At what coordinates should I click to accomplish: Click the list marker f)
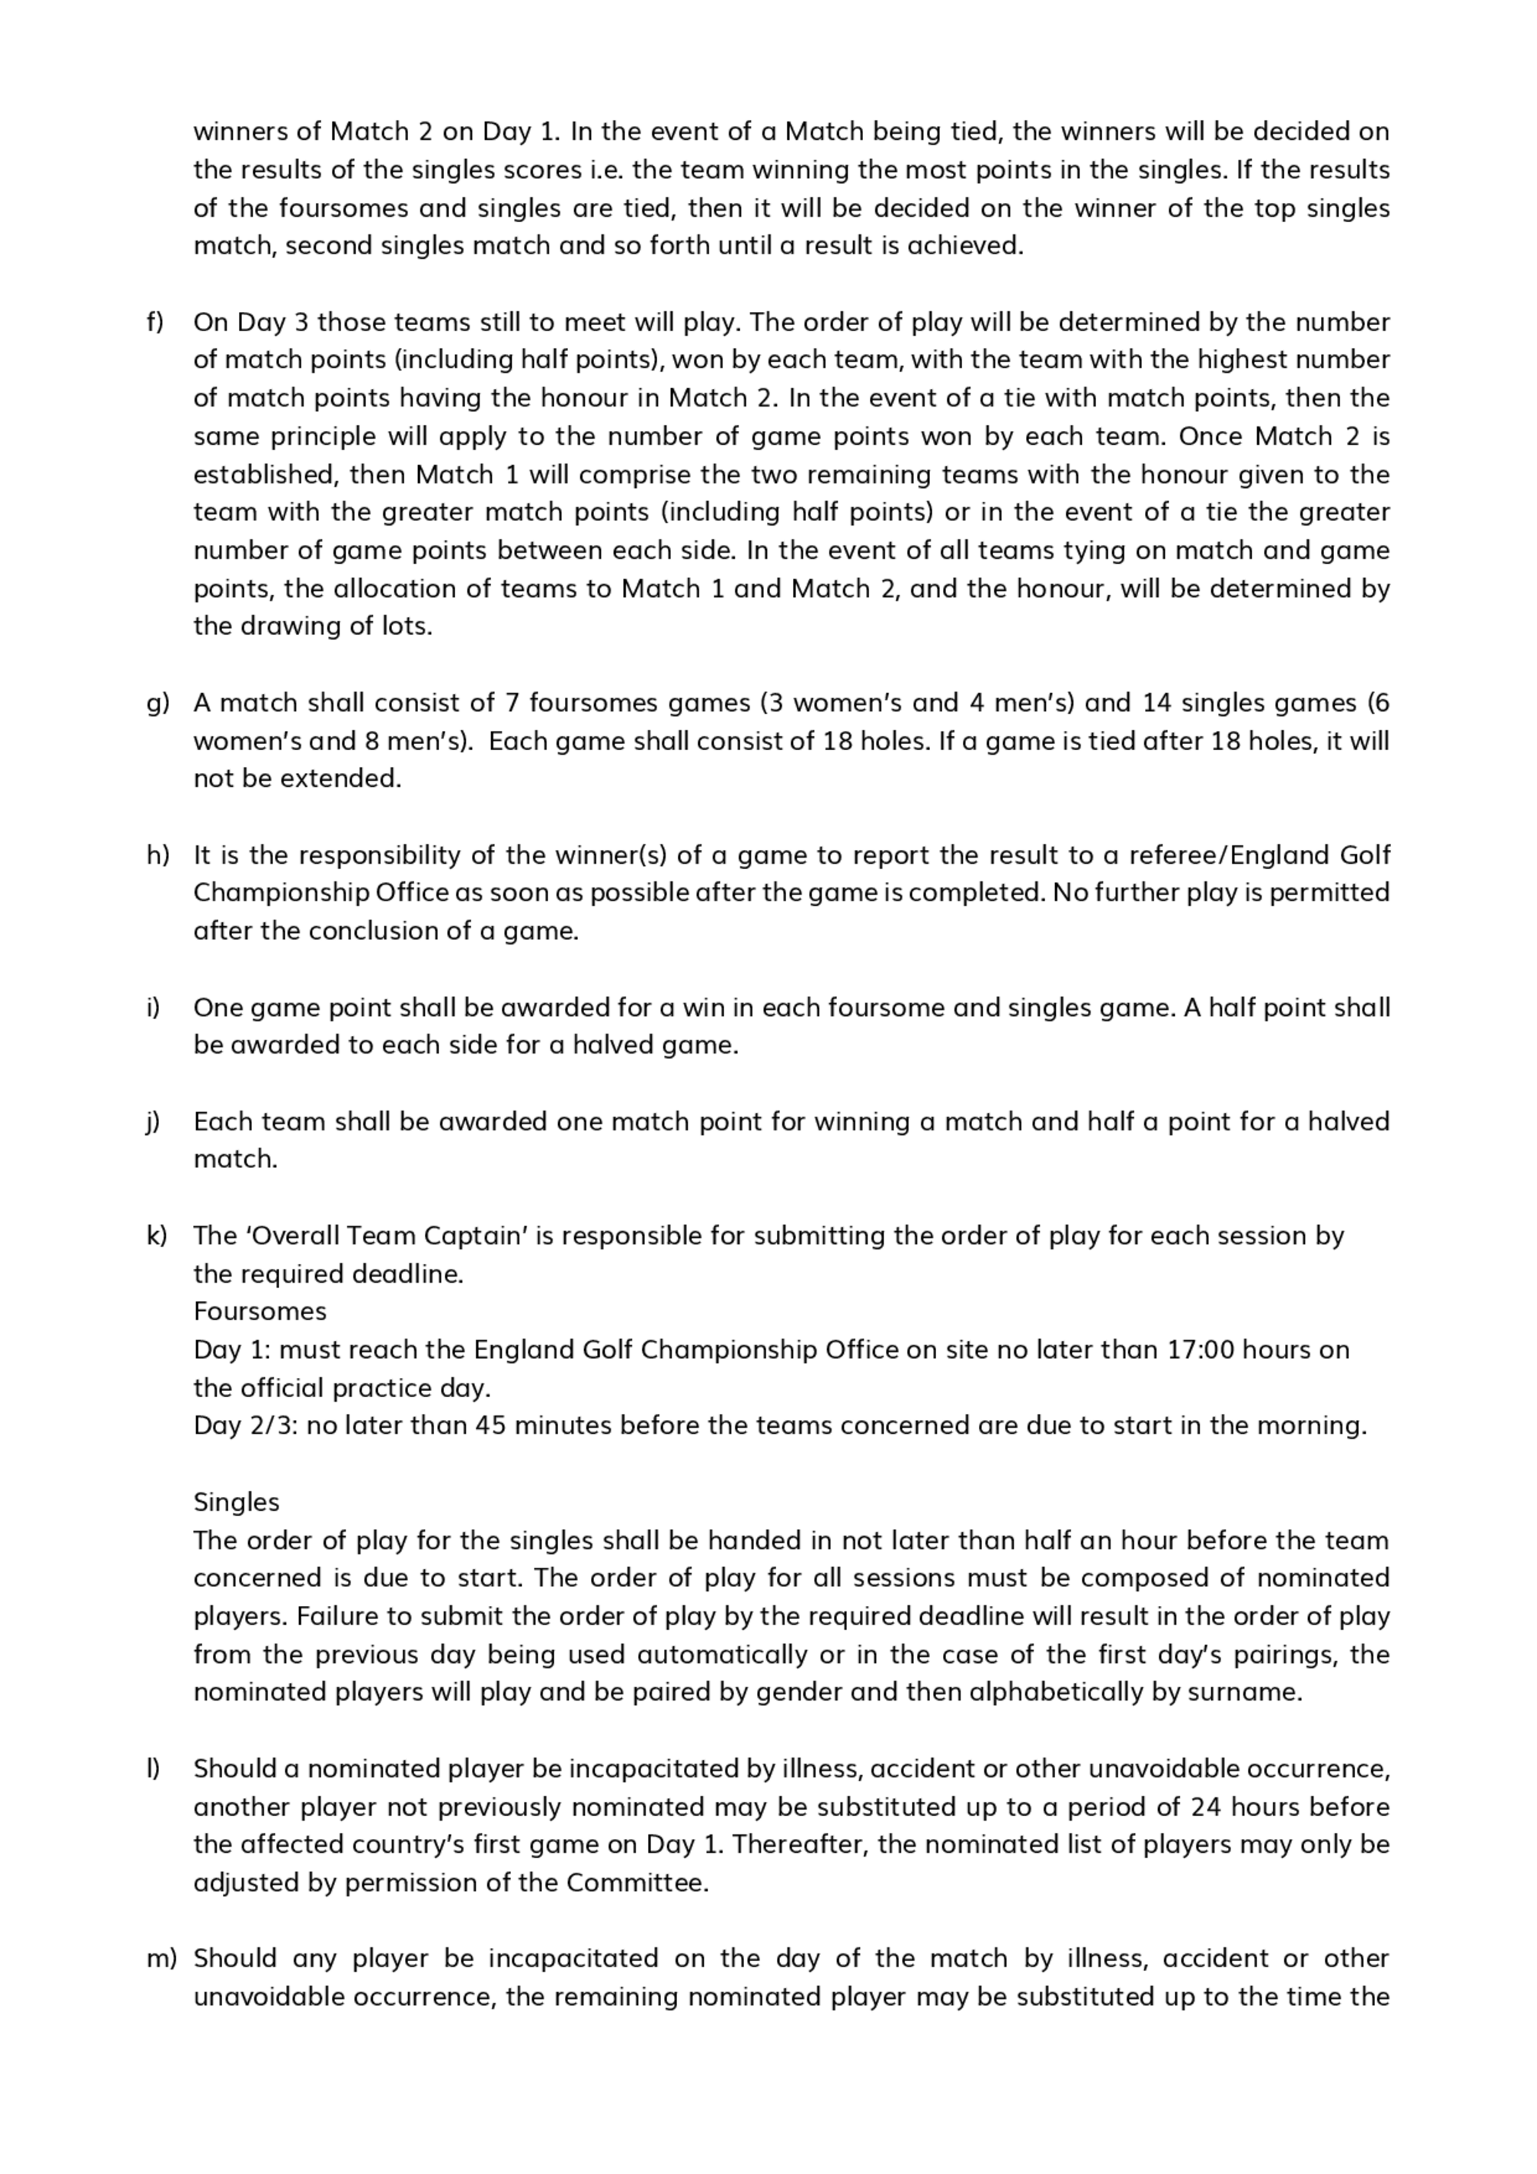tap(154, 322)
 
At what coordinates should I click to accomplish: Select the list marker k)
tap(155, 1236)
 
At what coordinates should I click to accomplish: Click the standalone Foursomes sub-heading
tap(260, 1312)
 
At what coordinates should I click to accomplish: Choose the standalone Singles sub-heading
tap(236, 1502)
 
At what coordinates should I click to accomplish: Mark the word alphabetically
tap(1056, 1692)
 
